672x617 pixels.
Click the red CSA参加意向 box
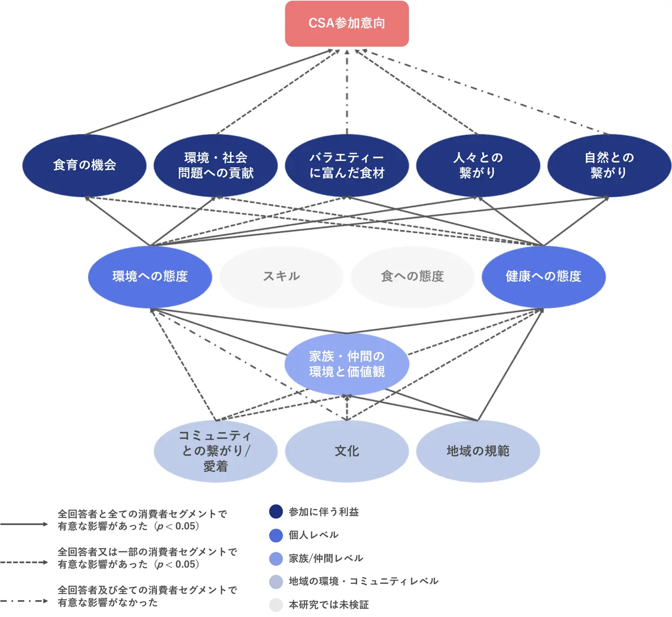click(346, 24)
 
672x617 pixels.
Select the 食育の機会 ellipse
click(85, 165)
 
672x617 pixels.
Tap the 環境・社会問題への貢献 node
click(216, 165)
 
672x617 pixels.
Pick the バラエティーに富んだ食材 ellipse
click(346, 165)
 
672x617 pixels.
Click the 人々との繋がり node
click(478, 165)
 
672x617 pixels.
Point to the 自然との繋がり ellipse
click(609, 165)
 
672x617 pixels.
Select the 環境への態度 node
click(150, 277)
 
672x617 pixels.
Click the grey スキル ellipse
click(281, 277)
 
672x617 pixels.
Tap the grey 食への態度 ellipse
click(413, 277)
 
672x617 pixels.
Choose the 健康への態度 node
click(544, 277)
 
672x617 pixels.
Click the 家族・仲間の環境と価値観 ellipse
click(346, 364)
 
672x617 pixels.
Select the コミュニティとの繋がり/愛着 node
click(216, 451)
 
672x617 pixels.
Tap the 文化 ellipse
click(346, 451)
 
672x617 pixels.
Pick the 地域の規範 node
click(478, 451)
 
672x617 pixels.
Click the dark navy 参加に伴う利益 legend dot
click(276, 512)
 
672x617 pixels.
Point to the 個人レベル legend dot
click(276, 535)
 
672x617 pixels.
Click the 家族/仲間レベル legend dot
click(276, 558)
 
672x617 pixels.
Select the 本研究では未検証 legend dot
click(276, 605)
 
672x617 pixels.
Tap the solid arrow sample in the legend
click(24, 524)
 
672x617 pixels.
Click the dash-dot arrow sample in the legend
click(24, 601)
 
